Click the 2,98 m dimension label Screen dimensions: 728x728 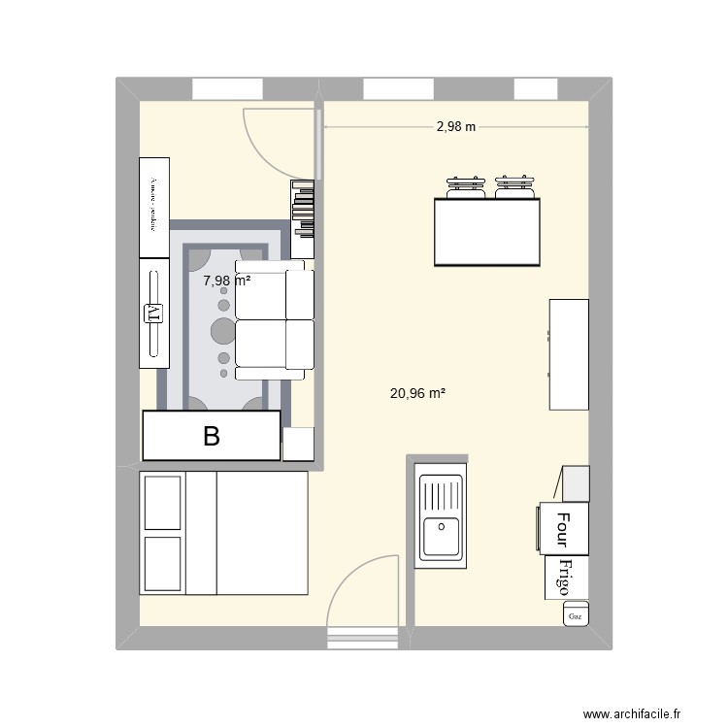click(x=456, y=126)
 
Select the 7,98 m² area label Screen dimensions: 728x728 click(x=226, y=281)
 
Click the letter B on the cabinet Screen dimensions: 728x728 click(x=211, y=437)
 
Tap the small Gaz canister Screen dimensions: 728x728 click(x=575, y=615)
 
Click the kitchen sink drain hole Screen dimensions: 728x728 click(x=441, y=526)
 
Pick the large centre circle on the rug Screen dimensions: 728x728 click(x=223, y=331)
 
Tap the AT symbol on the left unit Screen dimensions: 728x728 click(x=152, y=313)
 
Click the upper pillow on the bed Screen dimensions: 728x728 click(x=163, y=502)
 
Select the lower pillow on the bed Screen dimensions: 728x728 click(x=163, y=562)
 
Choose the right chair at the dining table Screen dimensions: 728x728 click(x=514, y=187)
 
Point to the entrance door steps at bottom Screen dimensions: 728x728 click(x=363, y=638)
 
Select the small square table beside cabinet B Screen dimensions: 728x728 click(x=298, y=444)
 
